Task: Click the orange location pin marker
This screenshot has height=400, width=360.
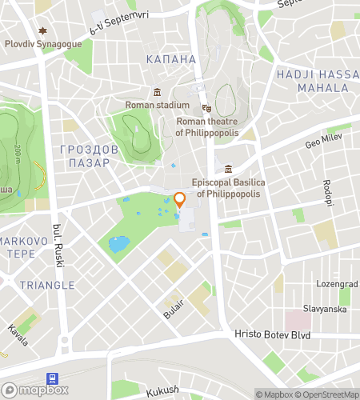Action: point(180,200)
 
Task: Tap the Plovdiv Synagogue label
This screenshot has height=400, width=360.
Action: point(43,44)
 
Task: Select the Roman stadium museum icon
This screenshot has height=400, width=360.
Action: point(158,92)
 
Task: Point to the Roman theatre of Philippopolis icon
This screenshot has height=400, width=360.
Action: point(206,108)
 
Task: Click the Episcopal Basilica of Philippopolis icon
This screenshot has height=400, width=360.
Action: point(229,169)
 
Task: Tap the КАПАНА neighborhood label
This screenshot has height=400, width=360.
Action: point(170,59)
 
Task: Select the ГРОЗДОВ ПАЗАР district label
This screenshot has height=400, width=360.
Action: point(90,156)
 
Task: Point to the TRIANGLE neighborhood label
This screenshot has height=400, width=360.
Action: point(47,285)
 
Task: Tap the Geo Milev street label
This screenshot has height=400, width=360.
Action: point(322,145)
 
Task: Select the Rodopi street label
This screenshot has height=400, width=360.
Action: point(327,192)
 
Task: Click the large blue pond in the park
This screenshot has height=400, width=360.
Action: point(118,244)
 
